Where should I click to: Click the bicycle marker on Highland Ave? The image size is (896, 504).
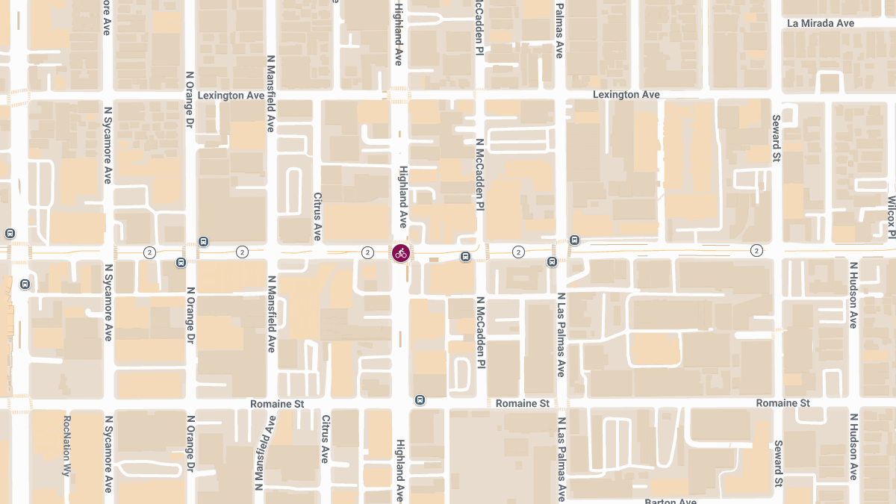[401, 252]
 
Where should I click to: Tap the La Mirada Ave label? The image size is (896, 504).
[821, 23]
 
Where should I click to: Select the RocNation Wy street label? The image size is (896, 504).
[67, 446]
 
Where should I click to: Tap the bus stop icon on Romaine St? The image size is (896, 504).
[420, 399]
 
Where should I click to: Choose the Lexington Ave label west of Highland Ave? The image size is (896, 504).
[231, 96]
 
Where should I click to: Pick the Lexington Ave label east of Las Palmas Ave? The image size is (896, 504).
[626, 95]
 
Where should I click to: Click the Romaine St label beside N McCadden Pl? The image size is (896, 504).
[523, 403]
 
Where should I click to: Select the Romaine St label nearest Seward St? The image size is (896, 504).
[783, 403]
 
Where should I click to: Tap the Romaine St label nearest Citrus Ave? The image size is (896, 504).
[277, 404]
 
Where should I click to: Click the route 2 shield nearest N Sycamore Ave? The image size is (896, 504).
[150, 252]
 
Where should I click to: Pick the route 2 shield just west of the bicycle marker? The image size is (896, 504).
[367, 252]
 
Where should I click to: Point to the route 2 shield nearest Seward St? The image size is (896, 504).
[756, 250]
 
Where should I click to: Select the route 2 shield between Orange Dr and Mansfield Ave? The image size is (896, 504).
[242, 252]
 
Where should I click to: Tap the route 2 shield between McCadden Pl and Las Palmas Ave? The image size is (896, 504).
[518, 252]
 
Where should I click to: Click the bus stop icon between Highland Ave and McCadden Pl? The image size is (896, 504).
[465, 257]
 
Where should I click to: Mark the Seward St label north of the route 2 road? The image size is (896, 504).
[777, 138]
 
